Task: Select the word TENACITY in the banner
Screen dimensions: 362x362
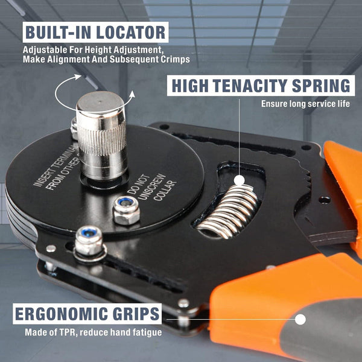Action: [263, 85]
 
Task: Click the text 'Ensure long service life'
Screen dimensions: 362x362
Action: [305, 104]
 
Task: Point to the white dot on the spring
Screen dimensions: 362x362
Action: [240, 180]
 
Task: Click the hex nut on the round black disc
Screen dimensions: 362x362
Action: [126, 210]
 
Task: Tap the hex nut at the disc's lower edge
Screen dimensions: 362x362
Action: [88, 241]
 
